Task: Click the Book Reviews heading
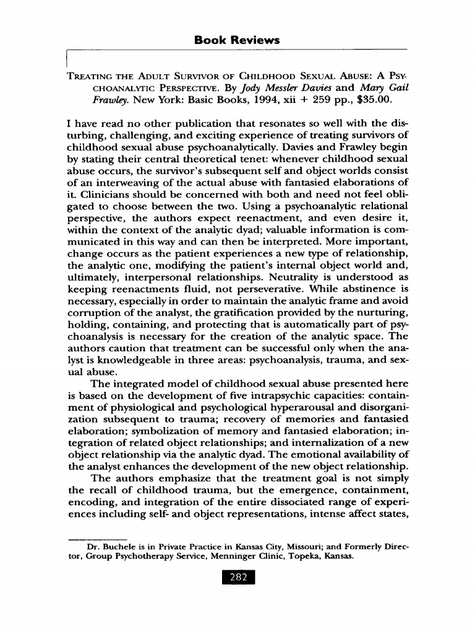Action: [237, 40]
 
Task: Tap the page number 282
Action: [237, 578]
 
